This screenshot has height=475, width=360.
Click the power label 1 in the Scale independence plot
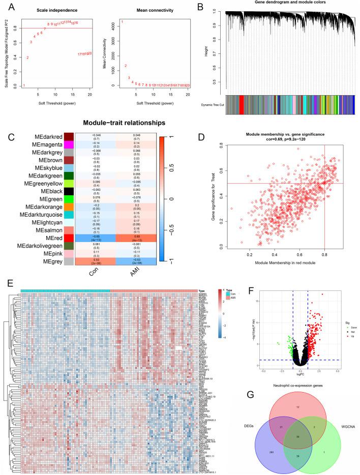point(24,85)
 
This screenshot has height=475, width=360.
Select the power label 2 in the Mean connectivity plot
point(126,66)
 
